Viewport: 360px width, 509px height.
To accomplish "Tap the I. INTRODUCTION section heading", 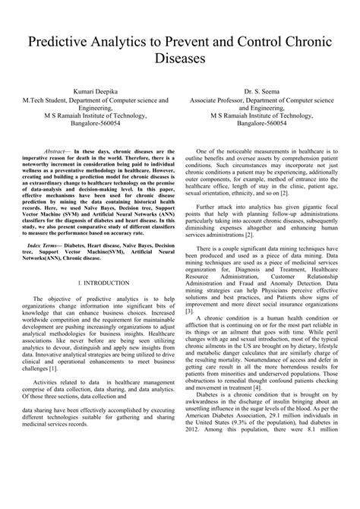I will point(96,283).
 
